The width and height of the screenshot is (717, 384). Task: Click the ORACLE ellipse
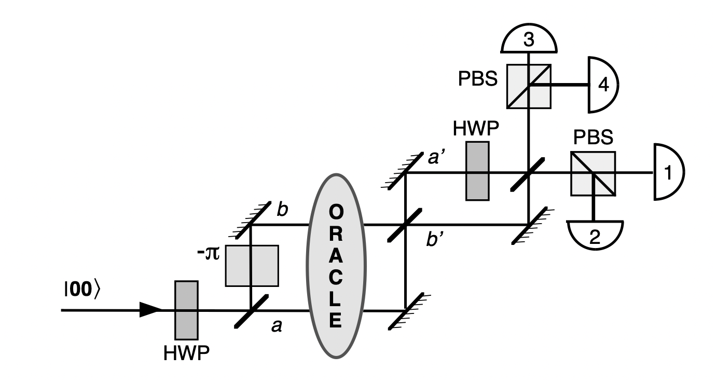pyautogui.click(x=336, y=266)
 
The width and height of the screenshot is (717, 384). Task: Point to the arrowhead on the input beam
pyautogui.click(x=151, y=310)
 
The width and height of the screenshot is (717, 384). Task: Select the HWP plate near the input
pyautogui.click(x=186, y=310)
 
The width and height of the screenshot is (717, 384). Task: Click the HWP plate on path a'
pyautogui.click(x=477, y=170)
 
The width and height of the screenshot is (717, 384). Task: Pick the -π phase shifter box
pyautogui.click(x=252, y=265)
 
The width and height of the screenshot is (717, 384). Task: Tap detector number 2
pyautogui.click(x=595, y=235)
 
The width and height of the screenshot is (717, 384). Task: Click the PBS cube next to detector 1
pyautogui.click(x=593, y=173)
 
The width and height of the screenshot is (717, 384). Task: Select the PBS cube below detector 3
pyautogui.click(x=529, y=86)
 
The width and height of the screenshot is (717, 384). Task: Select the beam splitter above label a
pyautogui.click(x=252, y=310)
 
